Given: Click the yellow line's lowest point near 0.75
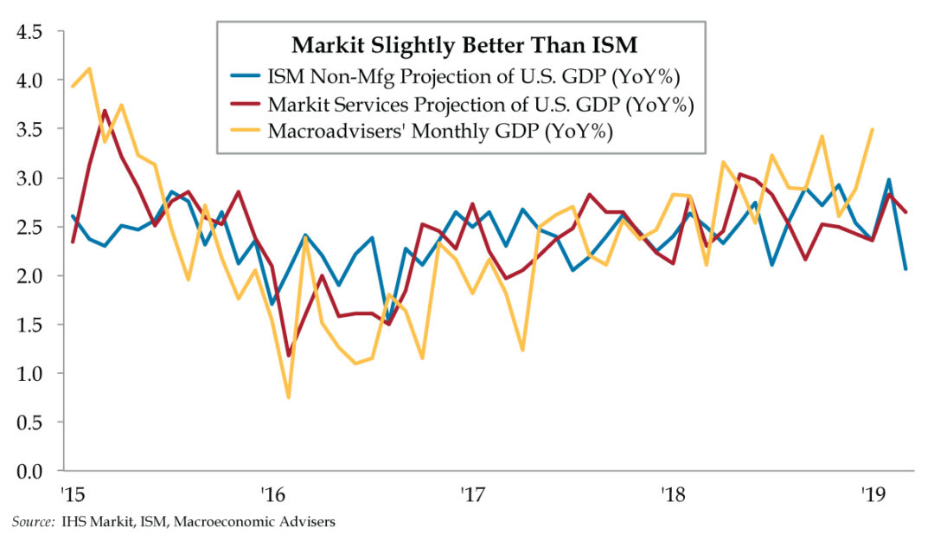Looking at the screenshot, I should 288,397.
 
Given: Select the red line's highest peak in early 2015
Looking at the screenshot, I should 105,111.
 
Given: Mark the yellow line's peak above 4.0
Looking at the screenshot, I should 89,68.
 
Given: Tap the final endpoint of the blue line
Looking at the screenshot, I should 905,269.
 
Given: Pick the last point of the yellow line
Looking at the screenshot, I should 872,130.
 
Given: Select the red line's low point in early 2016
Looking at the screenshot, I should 288,355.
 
